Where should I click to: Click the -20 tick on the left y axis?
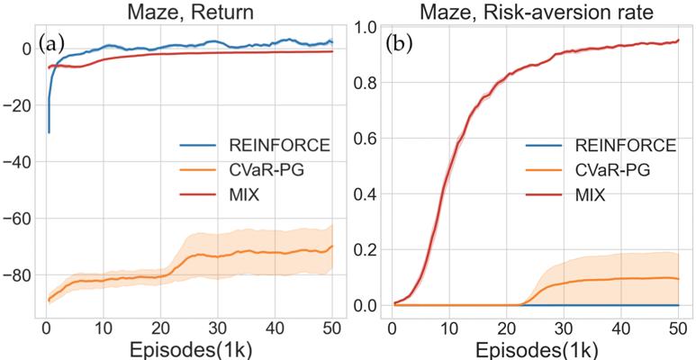[21, 105]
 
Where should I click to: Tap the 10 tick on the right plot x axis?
[449, 325]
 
